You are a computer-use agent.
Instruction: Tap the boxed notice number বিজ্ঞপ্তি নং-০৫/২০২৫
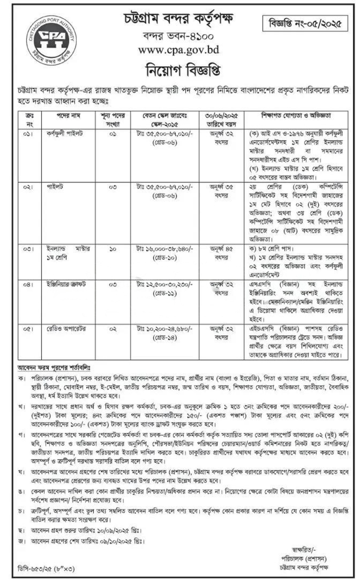click(x=306, y=24)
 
